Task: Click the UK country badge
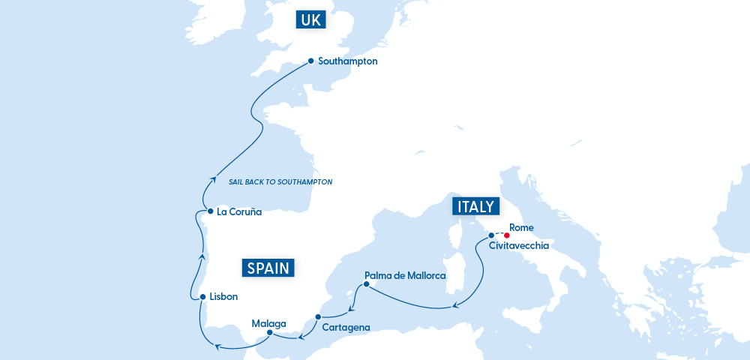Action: [x=310, y=20]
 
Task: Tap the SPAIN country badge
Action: [x=268, y=268]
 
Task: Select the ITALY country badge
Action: [x=474, y=207]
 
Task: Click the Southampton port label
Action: [x=347, y=61]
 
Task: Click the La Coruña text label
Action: [x=238, y=212]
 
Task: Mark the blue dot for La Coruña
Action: [x=211, y=211]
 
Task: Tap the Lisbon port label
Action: [x=223, y=297]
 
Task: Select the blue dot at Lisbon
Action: [x=202, y=297]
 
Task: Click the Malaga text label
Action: [x=268, y=323]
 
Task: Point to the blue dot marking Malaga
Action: [x=269, y=332]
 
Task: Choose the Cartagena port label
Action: [x=345, y=327]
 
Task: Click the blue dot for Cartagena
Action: [x=319, y=316]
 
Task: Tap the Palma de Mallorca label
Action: [x=405, y=276]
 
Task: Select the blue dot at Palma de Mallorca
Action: [x=366, y=284]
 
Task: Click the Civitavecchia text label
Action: [x=519, y=245]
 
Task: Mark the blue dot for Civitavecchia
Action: [x=492, y=235]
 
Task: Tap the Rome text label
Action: [x=521, y=227]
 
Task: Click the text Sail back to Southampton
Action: [x=280, y=182]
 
